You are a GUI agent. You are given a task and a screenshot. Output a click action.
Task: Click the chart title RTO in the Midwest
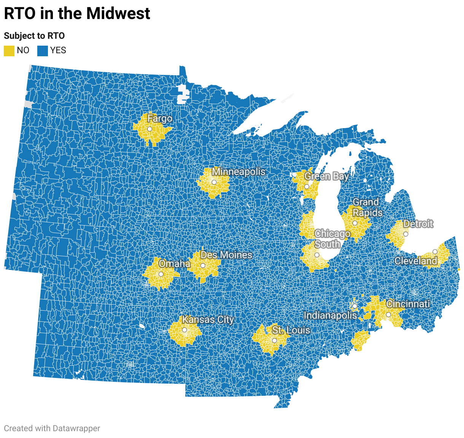[x=77, y=14]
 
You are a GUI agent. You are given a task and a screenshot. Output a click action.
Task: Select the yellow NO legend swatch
[x=9, y=51]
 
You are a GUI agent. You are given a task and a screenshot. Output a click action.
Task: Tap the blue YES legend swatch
[x=43, y=51]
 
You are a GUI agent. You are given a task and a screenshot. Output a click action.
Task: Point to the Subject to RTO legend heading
[x=34, y=36]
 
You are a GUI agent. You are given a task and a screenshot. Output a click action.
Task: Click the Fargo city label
[x=160, y=119]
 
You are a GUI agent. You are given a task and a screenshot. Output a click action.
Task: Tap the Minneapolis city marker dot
[x=214, y=182]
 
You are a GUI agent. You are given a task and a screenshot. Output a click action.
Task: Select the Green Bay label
[x=326, y=176]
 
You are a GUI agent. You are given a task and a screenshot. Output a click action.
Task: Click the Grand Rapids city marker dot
[x=355, y=223]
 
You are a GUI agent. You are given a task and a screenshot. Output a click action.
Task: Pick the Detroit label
[x=418, y=224]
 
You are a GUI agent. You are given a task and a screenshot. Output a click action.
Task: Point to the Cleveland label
[x=416, y=261]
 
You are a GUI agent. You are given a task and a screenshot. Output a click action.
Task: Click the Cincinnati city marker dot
[x=388, y=315]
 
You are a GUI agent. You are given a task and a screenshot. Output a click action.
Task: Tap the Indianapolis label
[x=330, y=315]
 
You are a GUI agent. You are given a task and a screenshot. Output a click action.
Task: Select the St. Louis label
[x=291, y=330]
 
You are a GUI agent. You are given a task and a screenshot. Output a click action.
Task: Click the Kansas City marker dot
[x=184, y=330]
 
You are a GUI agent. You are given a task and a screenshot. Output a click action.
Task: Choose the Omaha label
[x=175, y=263]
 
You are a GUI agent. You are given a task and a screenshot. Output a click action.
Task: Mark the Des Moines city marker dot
[x=203, y=266]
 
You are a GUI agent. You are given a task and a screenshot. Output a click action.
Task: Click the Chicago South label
[x=332, y=239]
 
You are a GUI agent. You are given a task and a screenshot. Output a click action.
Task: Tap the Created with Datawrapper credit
[x=52, y=428]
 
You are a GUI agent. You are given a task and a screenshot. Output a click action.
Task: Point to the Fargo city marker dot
[x=149, y=129]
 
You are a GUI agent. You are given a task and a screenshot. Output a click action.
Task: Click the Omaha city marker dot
[x=161, y=274]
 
